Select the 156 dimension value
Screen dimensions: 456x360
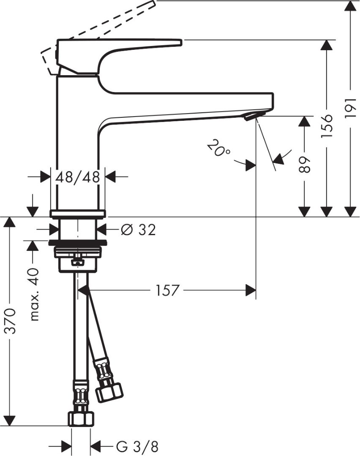pos(327,126)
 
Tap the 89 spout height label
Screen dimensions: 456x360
pos(305,165)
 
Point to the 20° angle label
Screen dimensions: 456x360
pos(218,149)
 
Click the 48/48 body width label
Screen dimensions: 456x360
pos(78,177)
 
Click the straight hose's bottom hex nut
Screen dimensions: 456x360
pos(80,418)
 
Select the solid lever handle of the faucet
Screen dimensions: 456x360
pos(118,44)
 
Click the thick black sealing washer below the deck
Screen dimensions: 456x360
pos(78,242)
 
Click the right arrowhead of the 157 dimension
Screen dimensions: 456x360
pos(251,290)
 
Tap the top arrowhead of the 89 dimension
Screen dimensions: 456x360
pos(305,121)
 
